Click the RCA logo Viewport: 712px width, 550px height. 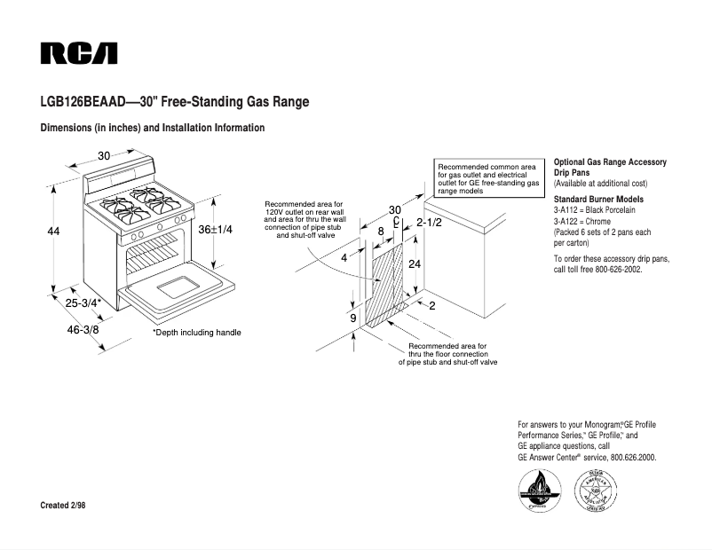79,53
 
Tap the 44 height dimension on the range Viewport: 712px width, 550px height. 53,232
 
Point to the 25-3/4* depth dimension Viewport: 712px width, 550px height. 83,302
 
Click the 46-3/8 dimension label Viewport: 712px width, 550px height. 83,329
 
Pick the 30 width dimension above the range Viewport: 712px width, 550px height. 104,156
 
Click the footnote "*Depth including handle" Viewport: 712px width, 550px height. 197,333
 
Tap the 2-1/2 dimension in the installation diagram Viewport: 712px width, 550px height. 429,223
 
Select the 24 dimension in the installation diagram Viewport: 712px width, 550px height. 414,265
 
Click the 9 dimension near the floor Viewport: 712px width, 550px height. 352,318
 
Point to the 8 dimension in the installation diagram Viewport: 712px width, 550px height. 381,231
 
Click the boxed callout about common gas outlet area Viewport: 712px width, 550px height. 488,178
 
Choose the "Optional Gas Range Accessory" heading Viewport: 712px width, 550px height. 610,162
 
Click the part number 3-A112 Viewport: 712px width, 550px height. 568,211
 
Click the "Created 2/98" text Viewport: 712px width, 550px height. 63,506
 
